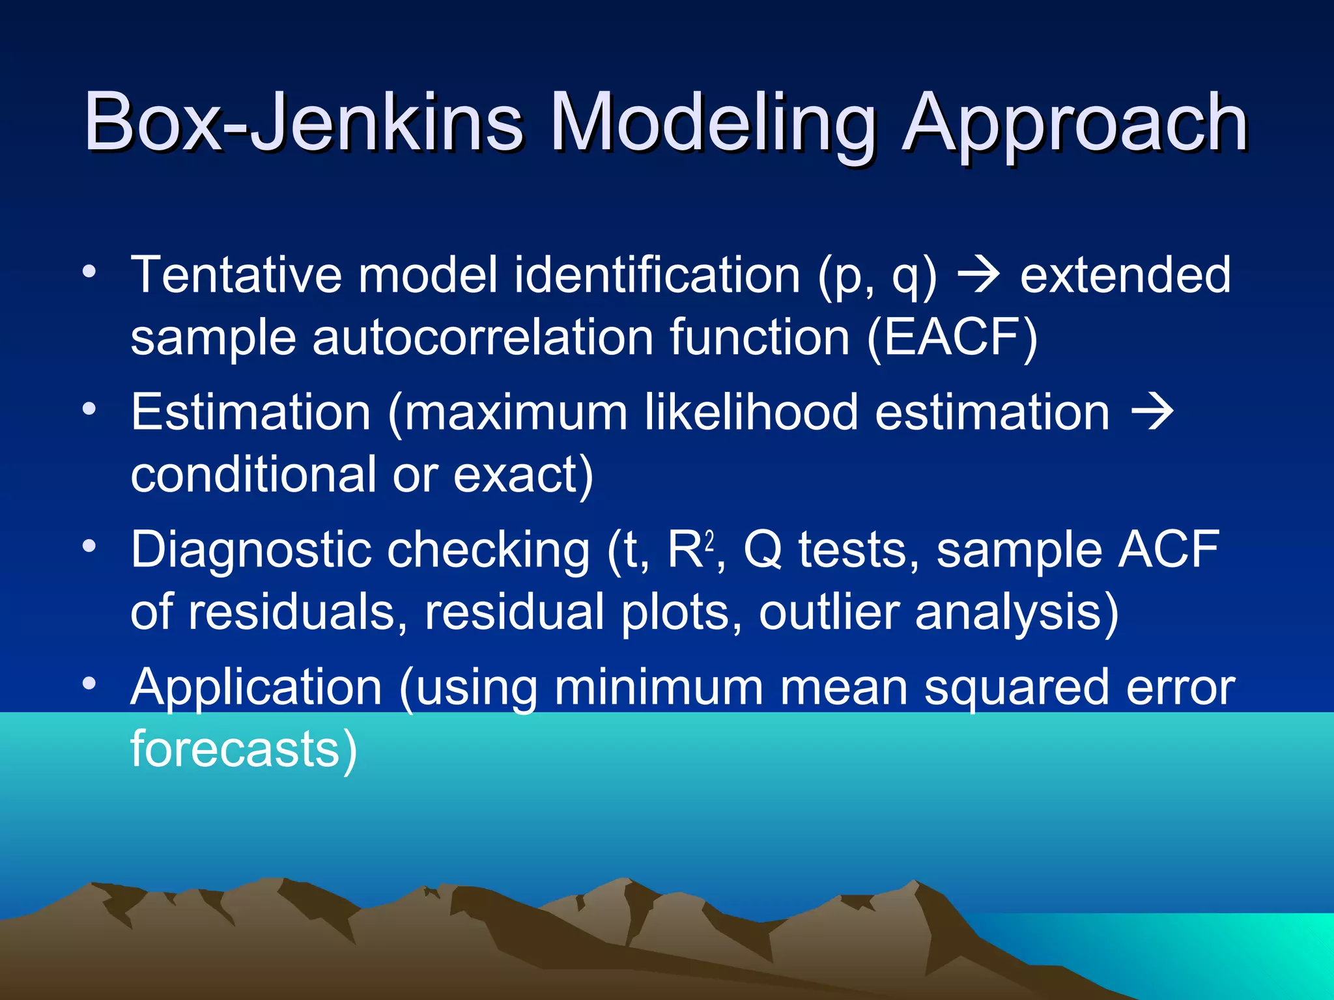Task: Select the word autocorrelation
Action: point(483,338)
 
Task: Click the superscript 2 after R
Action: point(709,539)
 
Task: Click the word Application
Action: point(256,687)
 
